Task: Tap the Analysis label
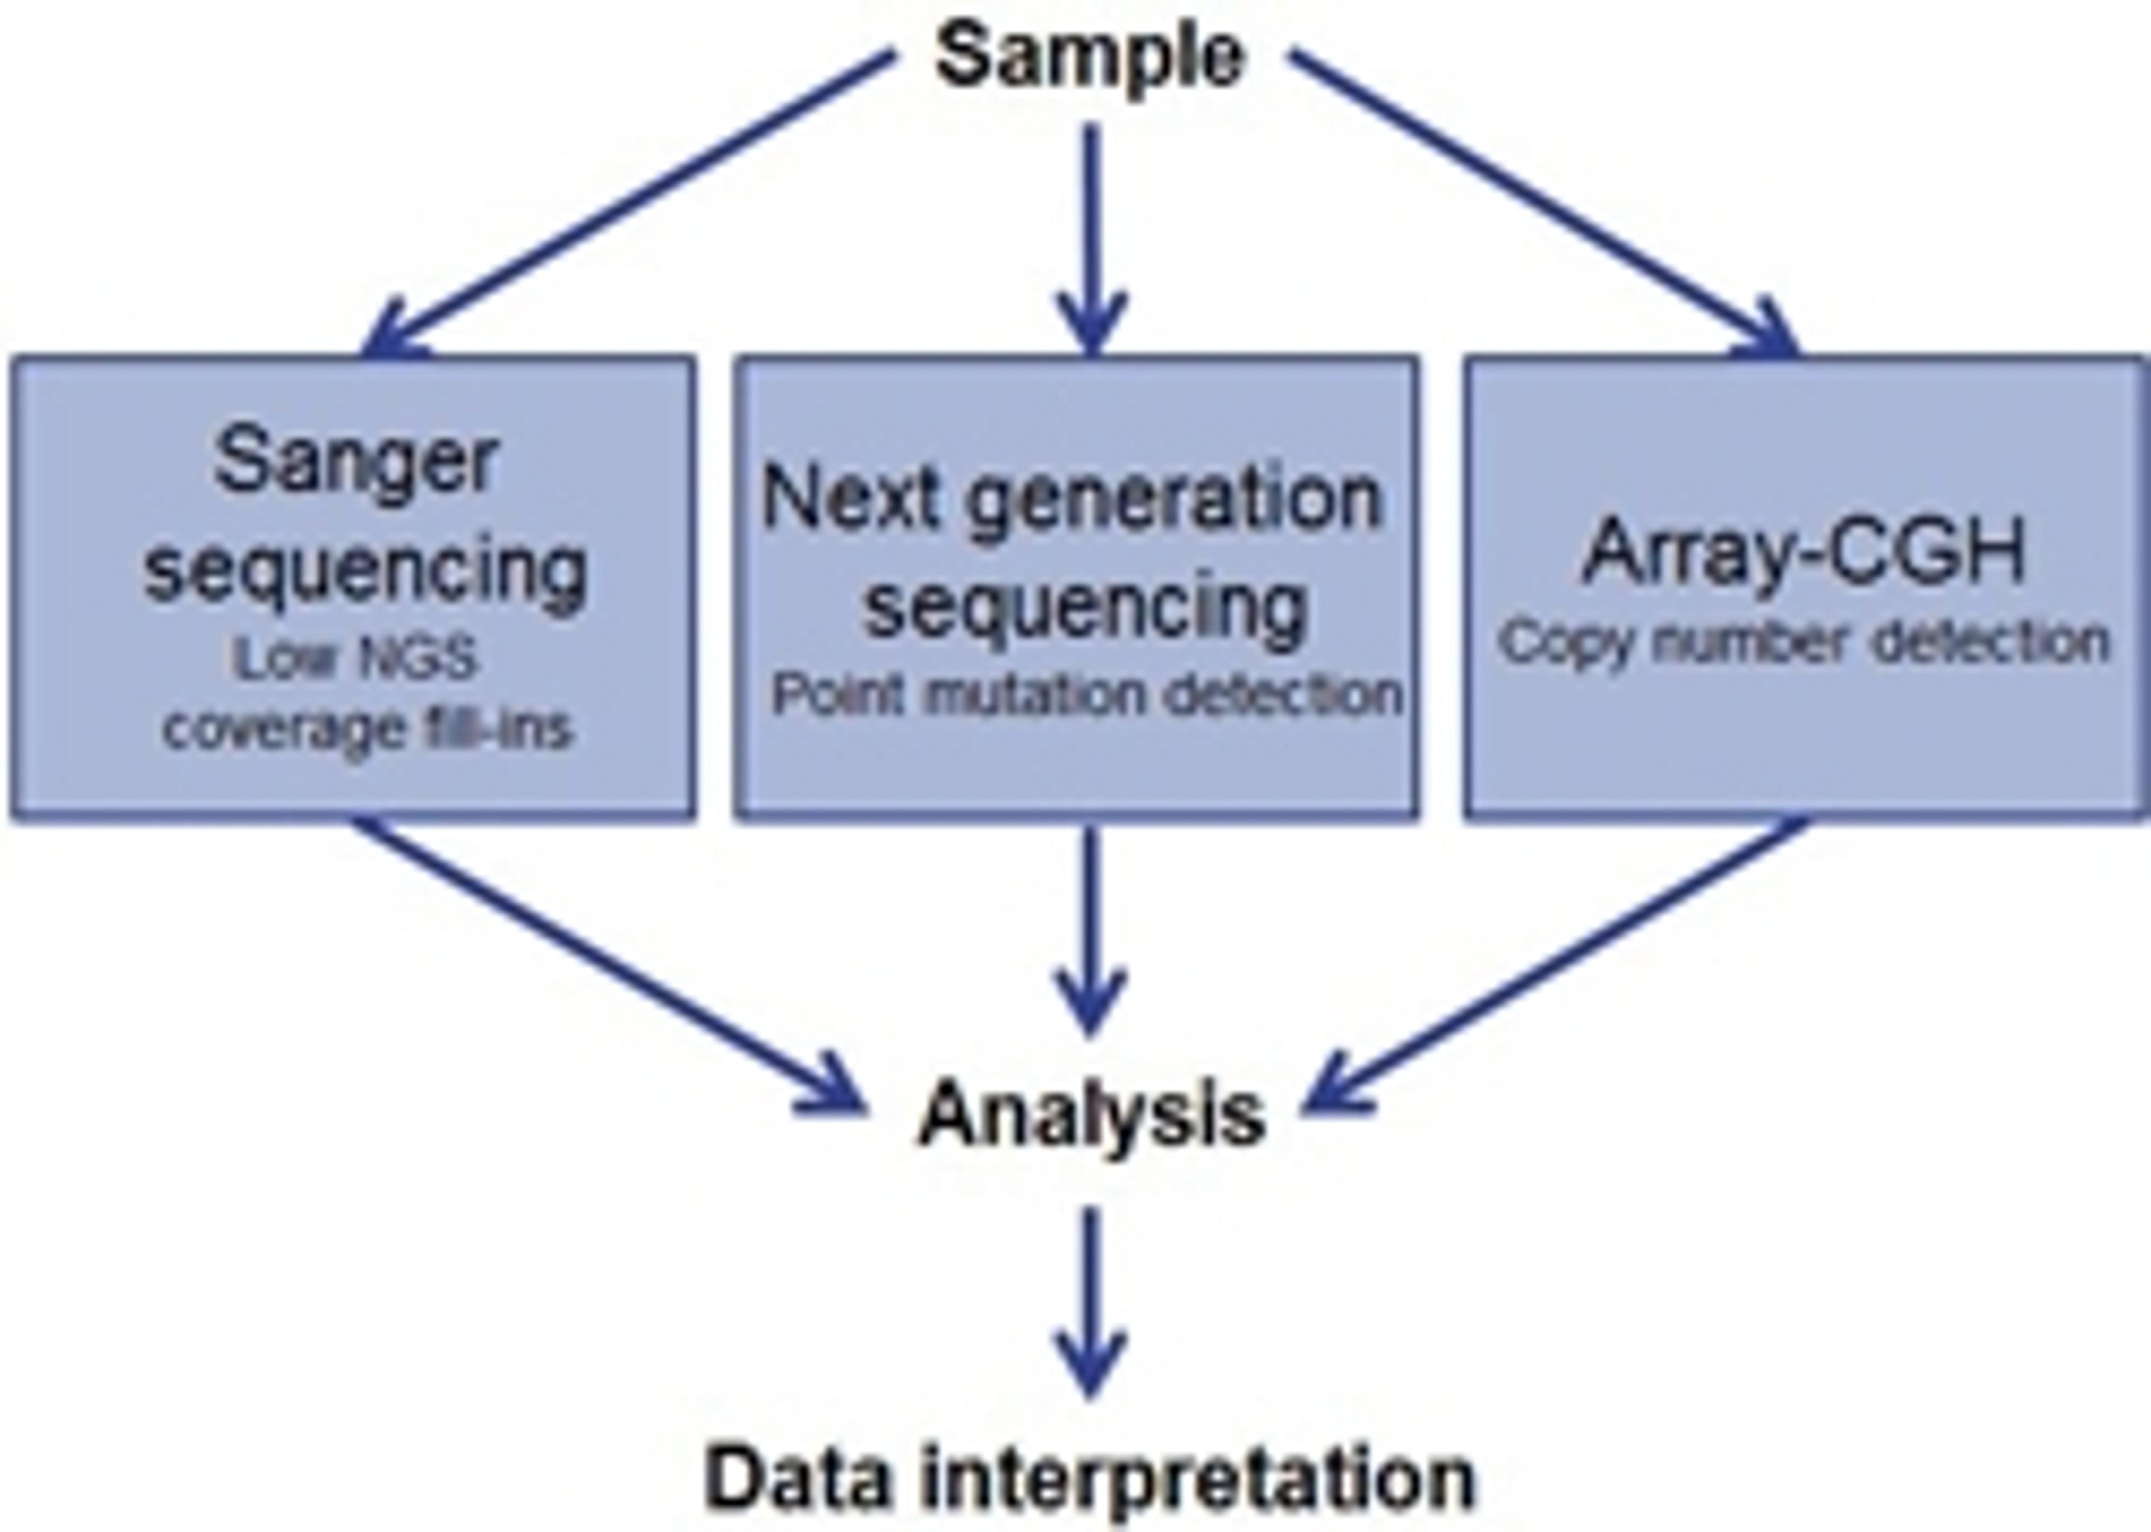click(x=1091, y=1114)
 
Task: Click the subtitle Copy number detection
click(x=1803, y=643)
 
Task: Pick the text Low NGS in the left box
click(x=356, y=657)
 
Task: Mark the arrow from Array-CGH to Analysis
click(x=1556, y=962)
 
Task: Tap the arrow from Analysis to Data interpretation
click(x=1091, y=1302)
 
